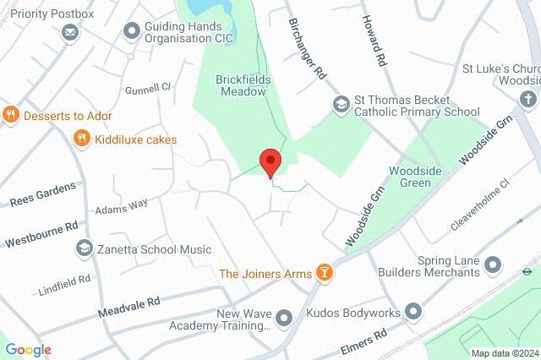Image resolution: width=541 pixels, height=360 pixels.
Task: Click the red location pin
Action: [270, 161]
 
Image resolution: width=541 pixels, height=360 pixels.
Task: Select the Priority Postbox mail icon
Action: [70, 33]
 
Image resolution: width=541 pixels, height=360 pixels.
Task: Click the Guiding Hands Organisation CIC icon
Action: [131, 31]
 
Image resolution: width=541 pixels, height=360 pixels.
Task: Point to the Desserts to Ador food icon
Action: [11, 115]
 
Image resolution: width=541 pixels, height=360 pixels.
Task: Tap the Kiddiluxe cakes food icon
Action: [81, 139]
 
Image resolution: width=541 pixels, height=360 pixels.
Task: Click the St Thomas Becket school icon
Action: [341, 104]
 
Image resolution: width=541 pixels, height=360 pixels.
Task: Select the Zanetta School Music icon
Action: [85, 248]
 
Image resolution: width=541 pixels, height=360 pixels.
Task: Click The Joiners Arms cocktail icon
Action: [324, 272]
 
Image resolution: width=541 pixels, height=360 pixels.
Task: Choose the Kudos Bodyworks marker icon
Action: [413, 312]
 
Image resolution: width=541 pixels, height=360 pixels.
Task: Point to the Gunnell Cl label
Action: [148, 87]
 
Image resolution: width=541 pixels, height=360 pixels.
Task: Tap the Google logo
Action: [28, 350]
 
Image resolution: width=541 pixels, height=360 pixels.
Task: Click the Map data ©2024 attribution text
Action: [504, 353]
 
